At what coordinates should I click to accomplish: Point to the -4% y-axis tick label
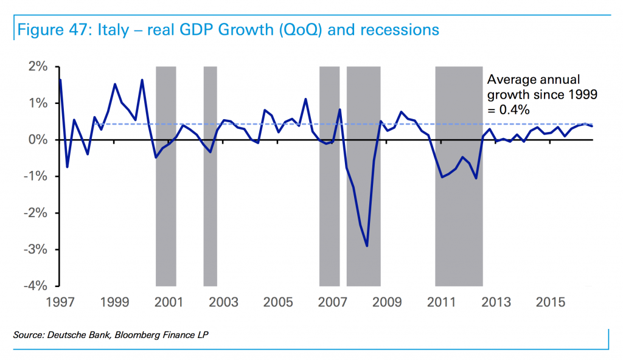[x=37, y=286]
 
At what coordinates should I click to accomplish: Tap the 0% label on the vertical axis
[x=39, y=140]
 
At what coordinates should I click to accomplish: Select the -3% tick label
[x=37, y=250]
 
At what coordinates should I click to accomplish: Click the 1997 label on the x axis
[x=60, y=302]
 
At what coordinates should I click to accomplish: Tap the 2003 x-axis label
[x=224, y=302]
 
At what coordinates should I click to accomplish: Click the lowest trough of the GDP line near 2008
[x=367, y=246]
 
